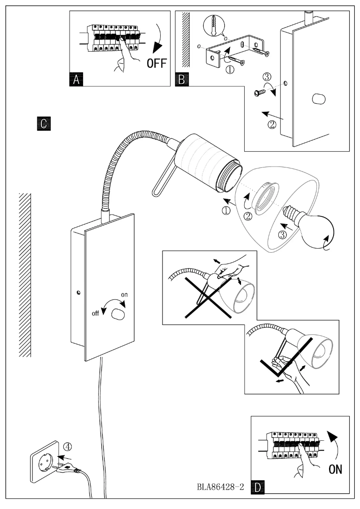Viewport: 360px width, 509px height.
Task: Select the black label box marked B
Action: pos(181,79)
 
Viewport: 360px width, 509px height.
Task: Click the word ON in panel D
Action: pos(335,470)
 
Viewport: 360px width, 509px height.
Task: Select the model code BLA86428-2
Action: pos(220,487)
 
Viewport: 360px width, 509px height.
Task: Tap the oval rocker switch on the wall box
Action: pos(118,314)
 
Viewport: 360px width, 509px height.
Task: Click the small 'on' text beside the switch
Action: pos(125,295)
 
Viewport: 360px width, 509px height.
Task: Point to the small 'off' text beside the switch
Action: pos(95,314)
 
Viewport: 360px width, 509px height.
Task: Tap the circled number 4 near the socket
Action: pos(66,447)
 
